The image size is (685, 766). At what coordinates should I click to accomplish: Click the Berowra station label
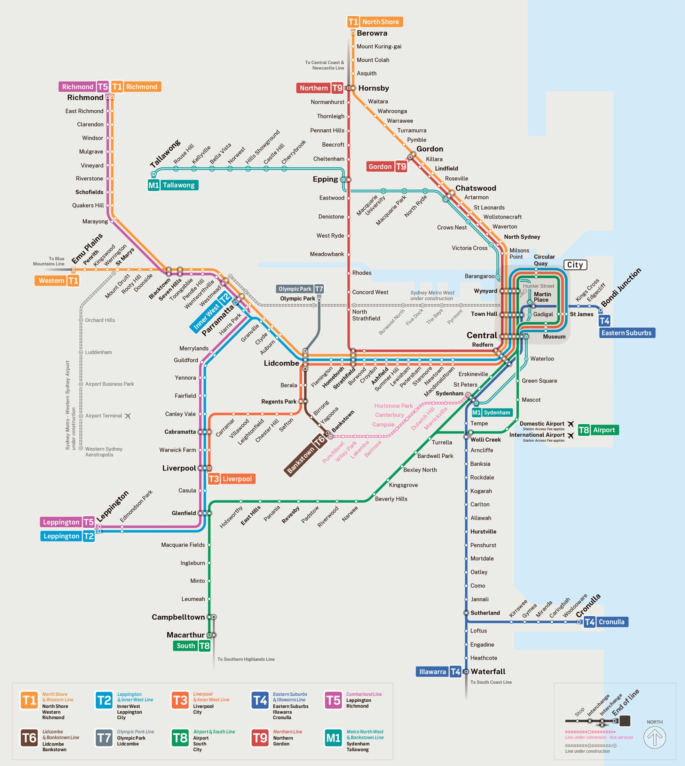[x=372, y=33]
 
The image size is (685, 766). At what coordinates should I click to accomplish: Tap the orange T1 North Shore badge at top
[x=374, y=22]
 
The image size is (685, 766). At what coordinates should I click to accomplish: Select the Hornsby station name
[x=373, y=88]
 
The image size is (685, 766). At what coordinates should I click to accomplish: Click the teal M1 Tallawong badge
[x=173, y=185]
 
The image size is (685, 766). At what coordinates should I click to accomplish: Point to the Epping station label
[x=325, y=179]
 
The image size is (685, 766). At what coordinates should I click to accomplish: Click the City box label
[x=575, y=265]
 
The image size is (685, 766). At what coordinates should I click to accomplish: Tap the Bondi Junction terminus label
[x=621, y=288]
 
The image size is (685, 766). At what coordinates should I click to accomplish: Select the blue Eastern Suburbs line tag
[x=627, y=333]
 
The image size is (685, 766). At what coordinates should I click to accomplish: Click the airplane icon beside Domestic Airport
[x=571, y=424]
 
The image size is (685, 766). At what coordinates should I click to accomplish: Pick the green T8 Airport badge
[x=598, y=430]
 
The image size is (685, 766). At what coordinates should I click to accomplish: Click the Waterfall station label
[x=488, y=671]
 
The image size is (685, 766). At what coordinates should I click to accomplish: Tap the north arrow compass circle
[x=654, y=737]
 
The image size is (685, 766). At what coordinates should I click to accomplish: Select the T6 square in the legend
[x=30, y=738]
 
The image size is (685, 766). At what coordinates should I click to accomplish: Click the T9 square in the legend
[x=260, y=738]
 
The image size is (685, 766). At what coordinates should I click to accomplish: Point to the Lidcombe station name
[x=281, y=364]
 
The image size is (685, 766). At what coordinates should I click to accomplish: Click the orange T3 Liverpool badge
[x=231, y=479]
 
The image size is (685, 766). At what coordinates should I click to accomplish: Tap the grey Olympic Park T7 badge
[x=300, y=289]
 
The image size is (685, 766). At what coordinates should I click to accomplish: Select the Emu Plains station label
[x=87, y=249]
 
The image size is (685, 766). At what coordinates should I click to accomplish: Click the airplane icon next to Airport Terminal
[x=127, y=416]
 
